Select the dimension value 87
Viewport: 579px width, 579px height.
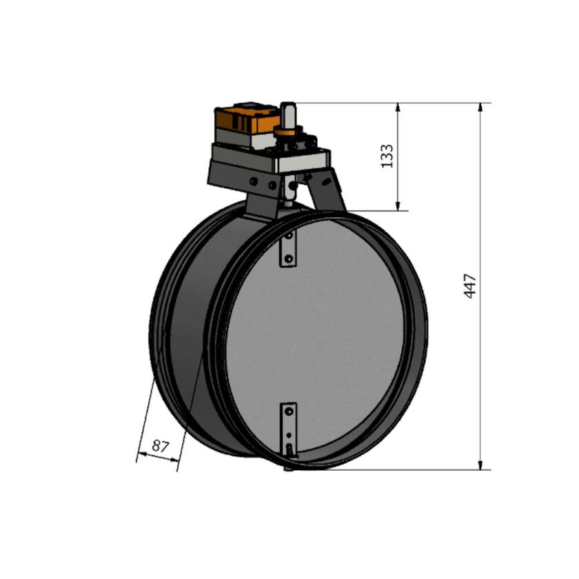click(x=160, y=446)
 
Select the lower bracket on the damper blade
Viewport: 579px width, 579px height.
click(x=289, y=422)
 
